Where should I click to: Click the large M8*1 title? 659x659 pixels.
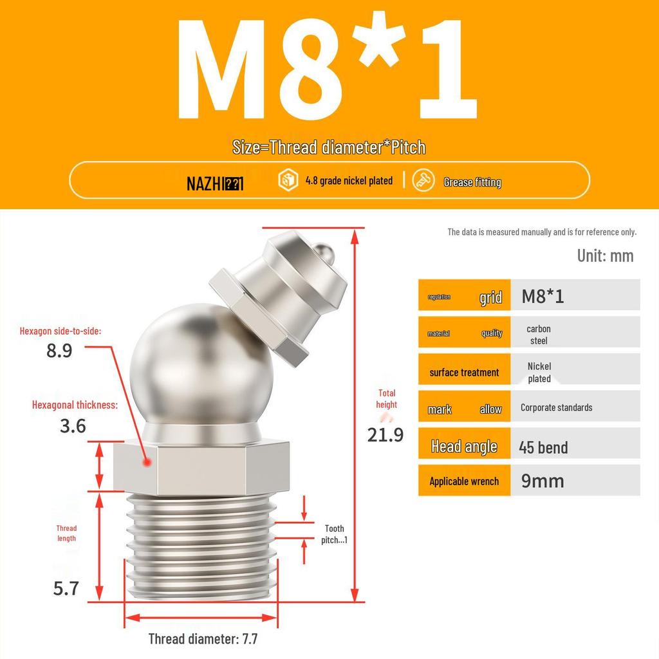[328, 71]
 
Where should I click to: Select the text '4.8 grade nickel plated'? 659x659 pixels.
[348, 181]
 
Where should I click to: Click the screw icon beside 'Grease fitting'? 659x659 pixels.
[423, 181]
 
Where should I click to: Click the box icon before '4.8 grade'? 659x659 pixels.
[287, 181]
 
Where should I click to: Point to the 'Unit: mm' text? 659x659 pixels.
[605, 255]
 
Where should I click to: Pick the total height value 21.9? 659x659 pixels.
[385, 435]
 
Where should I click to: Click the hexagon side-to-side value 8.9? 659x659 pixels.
[59, 351]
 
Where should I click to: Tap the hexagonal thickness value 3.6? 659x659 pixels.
[73, 426]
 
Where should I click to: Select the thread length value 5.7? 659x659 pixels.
[66, 588]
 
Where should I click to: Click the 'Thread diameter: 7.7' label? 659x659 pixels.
[203, 639]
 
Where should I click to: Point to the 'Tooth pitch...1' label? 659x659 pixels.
[334, 534]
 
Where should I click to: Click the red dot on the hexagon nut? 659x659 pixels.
[147, 462]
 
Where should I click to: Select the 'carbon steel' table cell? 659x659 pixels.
[539, 335]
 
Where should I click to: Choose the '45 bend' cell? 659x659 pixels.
[543, 447]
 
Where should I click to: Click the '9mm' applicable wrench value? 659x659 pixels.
[543, 481]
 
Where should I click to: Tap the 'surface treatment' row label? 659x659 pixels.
[464, 373]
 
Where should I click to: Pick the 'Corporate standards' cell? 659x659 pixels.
[556, 407]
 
